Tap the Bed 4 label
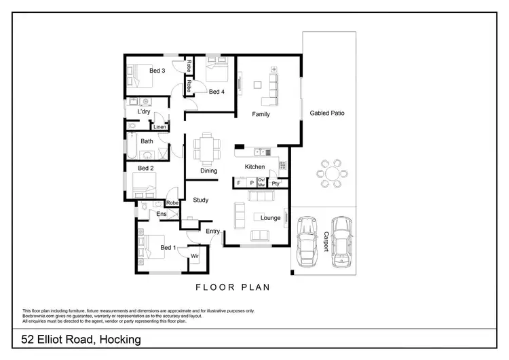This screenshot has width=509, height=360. point(216,92)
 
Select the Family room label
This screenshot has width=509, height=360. point(261,114)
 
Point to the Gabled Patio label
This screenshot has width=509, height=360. point(327,113)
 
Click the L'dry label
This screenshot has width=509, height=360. point(144,111)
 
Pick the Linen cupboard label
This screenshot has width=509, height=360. point(159,127)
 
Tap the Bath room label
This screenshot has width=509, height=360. point(147,141)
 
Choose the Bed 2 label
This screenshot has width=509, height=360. point(146,168)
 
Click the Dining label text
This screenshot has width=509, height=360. point(208,170)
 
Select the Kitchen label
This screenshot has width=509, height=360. point(254,166)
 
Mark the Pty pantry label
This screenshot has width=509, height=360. point(276,183)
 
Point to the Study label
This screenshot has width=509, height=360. point(200,200)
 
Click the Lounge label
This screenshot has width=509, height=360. point(271,218)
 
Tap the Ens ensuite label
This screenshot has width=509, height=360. point(162,215)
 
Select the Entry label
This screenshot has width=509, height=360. point(213,232)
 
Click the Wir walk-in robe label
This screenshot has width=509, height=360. point(194,256)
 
